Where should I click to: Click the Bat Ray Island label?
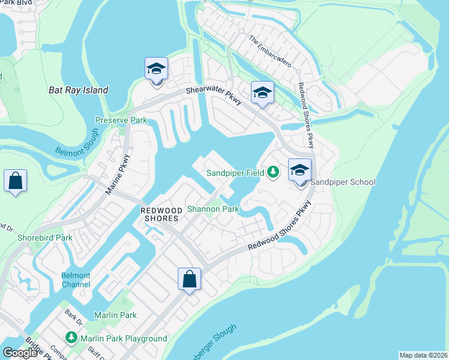click(x=78, y=91)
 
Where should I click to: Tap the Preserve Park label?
click(x=121, y=121)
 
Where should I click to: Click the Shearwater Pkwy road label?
click(x=213, y=95)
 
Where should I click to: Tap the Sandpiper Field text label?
click(x=236, y=173)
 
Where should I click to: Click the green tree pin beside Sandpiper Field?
click(x=273, y=173)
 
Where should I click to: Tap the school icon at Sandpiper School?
click(x=300, y=170)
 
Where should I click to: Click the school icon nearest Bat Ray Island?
click(x=156, y=68)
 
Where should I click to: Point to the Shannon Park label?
click(x=213, y=209)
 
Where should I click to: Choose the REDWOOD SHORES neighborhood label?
click(x=160, y=214)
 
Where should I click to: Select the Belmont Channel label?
click(x=76, y=280)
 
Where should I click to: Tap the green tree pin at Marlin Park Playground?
click(x=71, y=338)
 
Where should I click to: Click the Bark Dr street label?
click(x=74, y=316)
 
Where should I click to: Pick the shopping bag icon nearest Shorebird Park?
click(x=15, y=180)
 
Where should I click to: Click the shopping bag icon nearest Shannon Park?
click(x=189, y=278)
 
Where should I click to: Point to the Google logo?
click(x=20, y=353)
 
